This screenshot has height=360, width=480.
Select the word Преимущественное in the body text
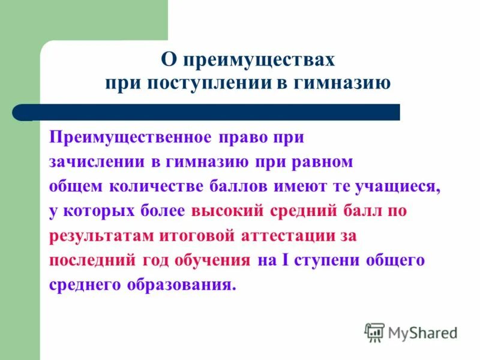pyautogui.click(x=130, y=138)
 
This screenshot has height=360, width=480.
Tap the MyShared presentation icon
pyautogui.click(x=374, y=332)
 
